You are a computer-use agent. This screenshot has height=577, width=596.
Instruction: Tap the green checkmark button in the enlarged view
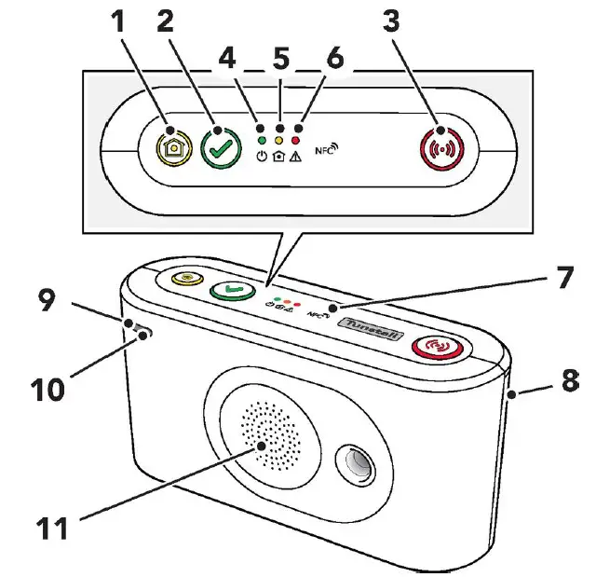point(221,148)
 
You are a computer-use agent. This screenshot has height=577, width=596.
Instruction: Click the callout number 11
point(50,528)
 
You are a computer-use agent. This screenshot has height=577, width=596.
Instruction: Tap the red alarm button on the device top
point(439,349)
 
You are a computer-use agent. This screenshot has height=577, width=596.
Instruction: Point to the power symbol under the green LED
point(262,158)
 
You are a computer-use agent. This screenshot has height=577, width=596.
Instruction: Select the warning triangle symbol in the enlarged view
point(297,158)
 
